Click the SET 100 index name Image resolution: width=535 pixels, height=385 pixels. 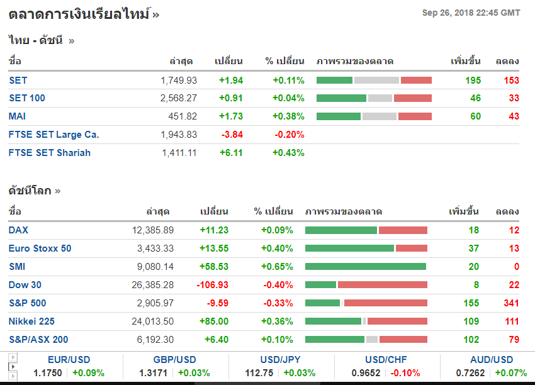click(x=27, y=98)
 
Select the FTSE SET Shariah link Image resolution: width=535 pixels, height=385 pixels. click(x=50, y=153)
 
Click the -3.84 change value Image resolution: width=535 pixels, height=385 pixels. click(x=232, y=135)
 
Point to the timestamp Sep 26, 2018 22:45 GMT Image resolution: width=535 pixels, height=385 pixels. click(x=471, y=13)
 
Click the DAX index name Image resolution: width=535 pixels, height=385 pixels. click(x=18, y=230)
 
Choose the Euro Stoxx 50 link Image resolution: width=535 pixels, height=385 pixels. click(x=40, y=248)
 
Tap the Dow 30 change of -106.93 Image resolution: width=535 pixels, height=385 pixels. click(x=213, y=285)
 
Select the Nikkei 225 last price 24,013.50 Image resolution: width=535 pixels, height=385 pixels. click(x=153, y=321)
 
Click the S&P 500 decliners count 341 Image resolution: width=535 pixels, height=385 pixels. click(x=511, y=303)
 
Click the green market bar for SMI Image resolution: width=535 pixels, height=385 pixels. click(x=365, y=267)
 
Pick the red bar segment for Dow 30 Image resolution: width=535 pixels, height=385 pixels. click(x=382, y=285)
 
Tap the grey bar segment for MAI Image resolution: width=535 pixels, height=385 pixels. click(x=379, y=116)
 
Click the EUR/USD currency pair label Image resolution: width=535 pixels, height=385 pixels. click(x=69, y=360)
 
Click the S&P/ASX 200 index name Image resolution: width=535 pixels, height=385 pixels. click(x=38, y=340)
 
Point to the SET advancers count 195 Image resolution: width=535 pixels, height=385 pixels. click(x=473, y=81)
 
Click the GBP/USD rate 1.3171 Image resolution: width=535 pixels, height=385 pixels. click(x=153, y=373)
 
